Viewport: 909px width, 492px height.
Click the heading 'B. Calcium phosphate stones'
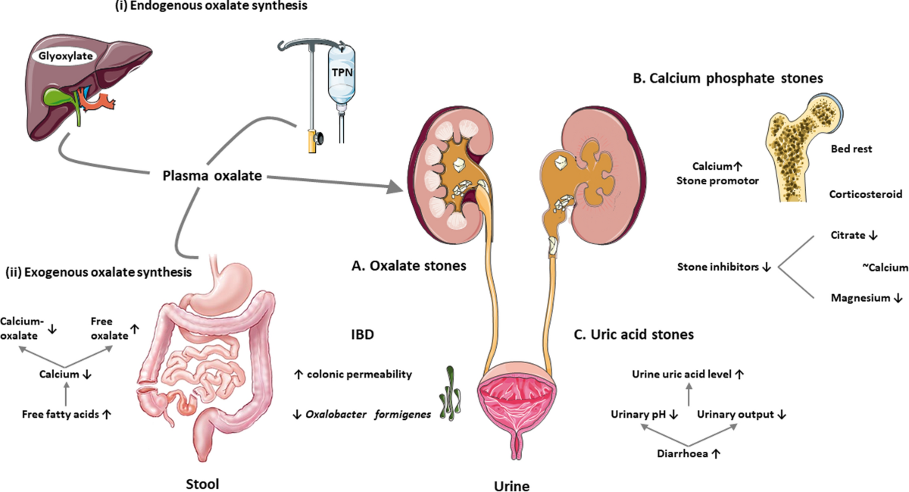[725, 79]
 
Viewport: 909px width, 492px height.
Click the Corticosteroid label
[865, 193]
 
